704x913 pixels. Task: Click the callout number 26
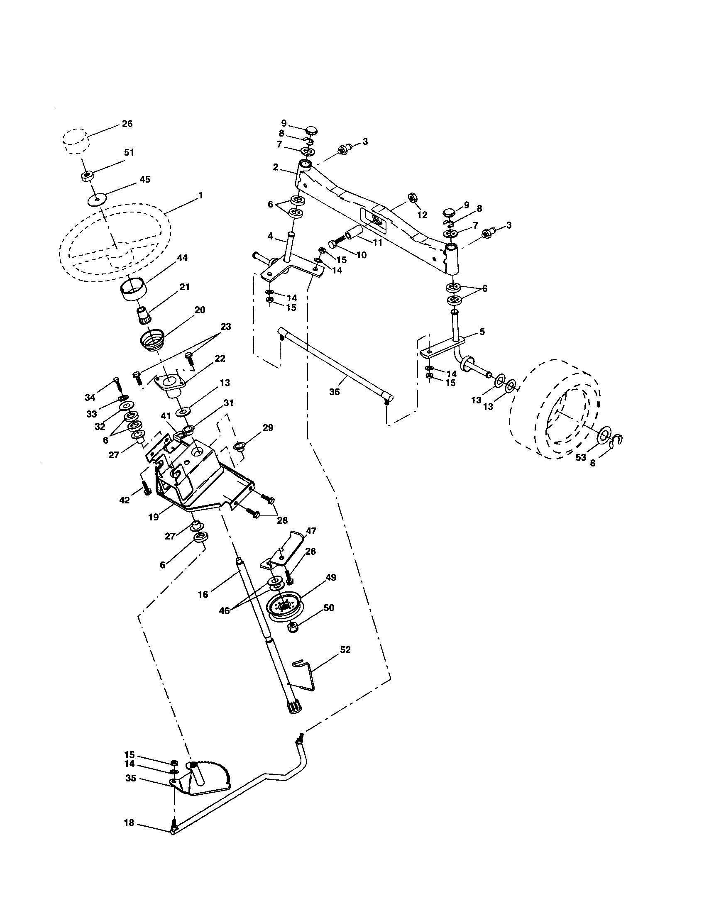tap(127, 124)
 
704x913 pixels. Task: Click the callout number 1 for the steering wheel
tap(201, 195)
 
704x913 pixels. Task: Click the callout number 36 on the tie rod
tap(334, 392)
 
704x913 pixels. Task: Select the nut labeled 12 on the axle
tap(411, 196)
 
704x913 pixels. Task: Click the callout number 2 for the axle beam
tap(276, 167)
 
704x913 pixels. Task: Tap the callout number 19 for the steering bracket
tap(154, 517)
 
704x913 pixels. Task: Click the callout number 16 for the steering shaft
tap(203, 594)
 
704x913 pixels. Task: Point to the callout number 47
tap(311, 531)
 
